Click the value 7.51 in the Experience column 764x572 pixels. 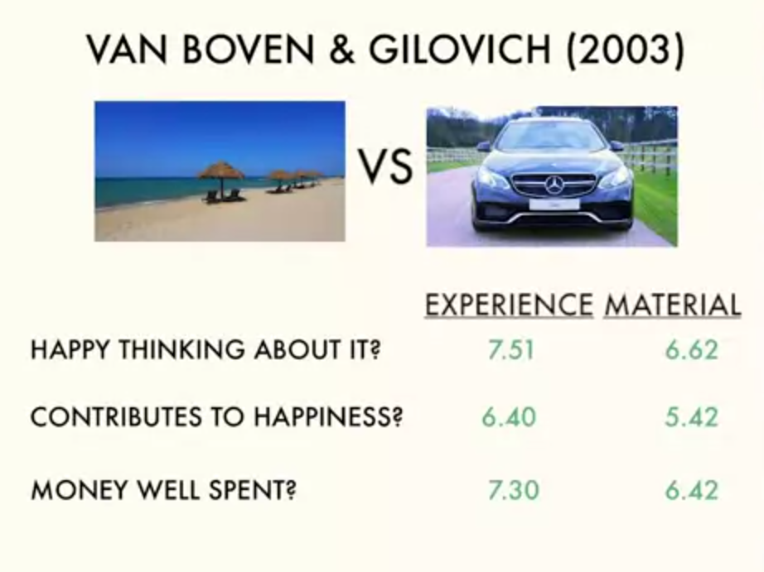pyautogui.click(x=511, y=350)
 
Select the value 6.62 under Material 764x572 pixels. pyautogui.click(x=692, y=350)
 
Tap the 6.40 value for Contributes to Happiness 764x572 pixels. pyautogui.click(x=509, y=417)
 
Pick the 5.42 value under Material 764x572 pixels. pyautogui.click(x=692, y=417)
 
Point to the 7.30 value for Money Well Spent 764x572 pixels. pyautogui.click(x=514, y=490)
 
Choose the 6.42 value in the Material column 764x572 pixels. pyautogui.click(x=692, y=490)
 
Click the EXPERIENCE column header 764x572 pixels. pyautogui.click(x=509, y=305)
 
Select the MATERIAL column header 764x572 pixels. pyautogui.click(x=672, y=305)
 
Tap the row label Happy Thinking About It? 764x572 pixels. pyautogui.click(x=206, y=349)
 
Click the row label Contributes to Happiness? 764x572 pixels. pyautogui.click(x=217, y=416)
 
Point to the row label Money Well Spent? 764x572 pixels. pyautogui.click(x=164, y=489)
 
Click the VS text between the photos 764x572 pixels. pyautogui.click(x=386, y=167)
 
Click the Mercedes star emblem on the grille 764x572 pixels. pyautogui.click(x=554, y=185)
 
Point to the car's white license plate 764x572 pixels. pyautogui.click(x=554, y=204)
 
